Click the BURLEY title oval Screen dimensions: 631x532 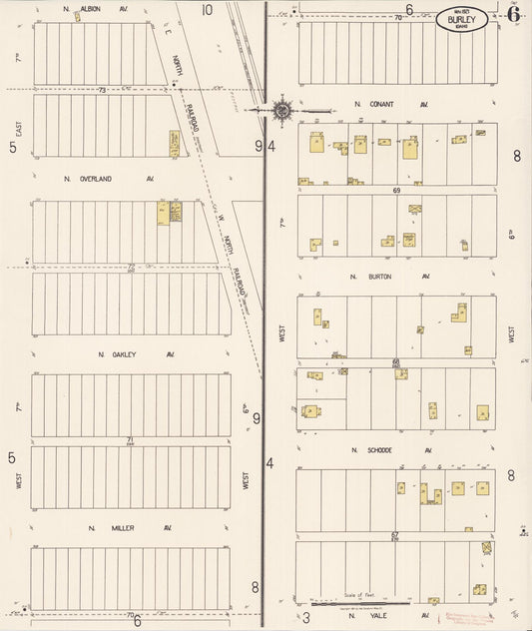click(x=466, y=18)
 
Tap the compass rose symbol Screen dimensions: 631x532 click(x=282, y=109)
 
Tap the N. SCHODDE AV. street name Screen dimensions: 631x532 click(x=390, y=450)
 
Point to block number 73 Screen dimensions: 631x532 click(x=102, y=90)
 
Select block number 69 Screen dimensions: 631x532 click(x=396, y=190)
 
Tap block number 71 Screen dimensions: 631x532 click(x=130, y=439)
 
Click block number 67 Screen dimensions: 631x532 click(x=395, y=535)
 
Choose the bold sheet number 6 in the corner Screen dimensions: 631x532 click(x=512, y=13)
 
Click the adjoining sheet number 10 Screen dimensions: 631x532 click(x=207, y=10)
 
